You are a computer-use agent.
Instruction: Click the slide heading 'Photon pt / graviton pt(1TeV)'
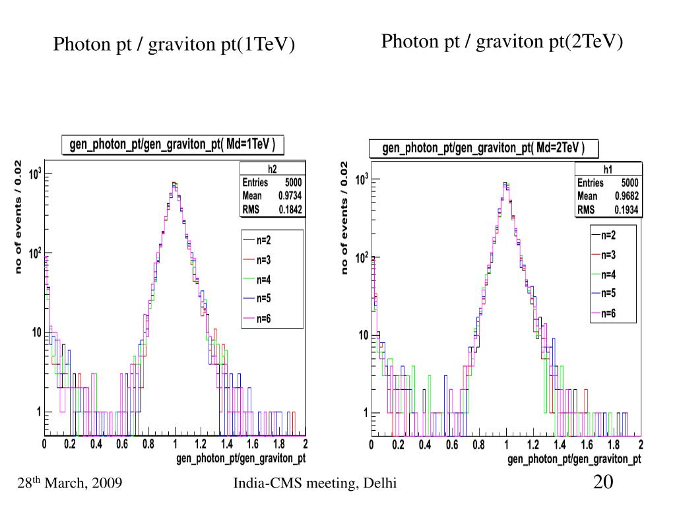coord(174,45)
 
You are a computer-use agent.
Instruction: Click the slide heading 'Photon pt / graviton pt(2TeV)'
coord(502,42)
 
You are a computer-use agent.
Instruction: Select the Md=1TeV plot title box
coord(172,144)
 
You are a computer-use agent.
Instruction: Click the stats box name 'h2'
coord(272,168)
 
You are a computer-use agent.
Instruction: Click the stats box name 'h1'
coord(607,170)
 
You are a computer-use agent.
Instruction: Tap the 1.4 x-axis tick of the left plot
coord(226,445)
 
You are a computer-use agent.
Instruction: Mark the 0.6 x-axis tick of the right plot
coord(452,445)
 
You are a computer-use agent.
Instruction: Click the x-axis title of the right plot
coord(574,459)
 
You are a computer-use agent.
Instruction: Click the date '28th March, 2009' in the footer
coord(70,484)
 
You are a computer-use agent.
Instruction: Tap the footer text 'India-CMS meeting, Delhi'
coord(315,484)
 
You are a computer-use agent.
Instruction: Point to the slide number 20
coord(603,482)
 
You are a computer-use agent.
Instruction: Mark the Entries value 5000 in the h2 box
coord(294,182)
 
